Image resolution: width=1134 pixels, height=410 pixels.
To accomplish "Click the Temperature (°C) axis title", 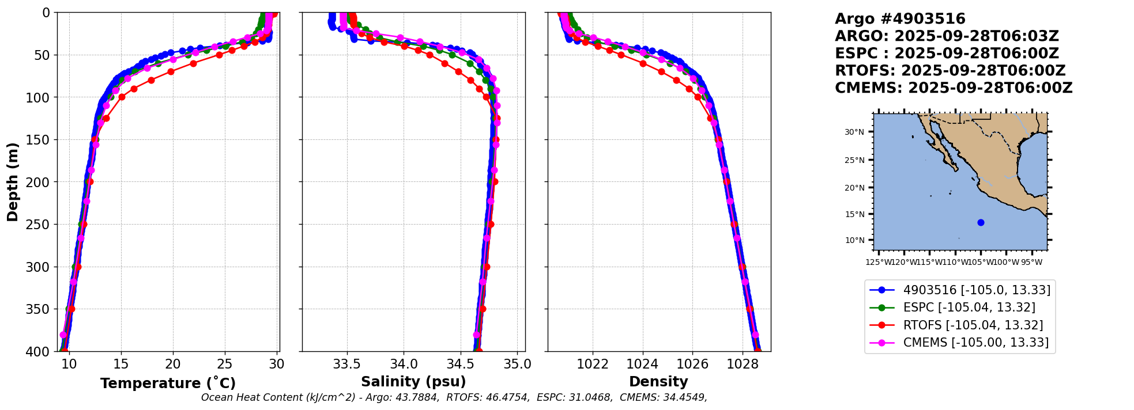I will (x=168, y=384).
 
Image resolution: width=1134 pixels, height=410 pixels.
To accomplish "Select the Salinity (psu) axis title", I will (x=413, y=382).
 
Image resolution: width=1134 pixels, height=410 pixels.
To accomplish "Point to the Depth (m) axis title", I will (x=13, y=181).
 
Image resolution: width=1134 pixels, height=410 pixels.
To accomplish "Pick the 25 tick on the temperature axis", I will (x=225, y=364).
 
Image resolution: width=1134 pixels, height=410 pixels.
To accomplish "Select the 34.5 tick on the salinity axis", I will (x=461, y=364).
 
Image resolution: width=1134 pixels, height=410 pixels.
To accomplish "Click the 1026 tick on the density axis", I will (x=692, y=364).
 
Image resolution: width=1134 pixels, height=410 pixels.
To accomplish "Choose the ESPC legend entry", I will (x=969, y=307).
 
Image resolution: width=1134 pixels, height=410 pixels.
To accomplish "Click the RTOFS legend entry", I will (x=973, y=325).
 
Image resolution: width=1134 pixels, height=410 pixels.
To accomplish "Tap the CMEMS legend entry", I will (x=975, y=343).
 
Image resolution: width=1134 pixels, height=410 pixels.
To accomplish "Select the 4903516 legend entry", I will (x=976, y=290).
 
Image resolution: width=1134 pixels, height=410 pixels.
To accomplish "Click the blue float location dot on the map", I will (x=981, y=222).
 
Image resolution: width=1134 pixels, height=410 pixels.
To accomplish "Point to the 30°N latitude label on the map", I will (x=854, y=132).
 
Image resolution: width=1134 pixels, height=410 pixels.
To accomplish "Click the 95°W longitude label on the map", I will (x=1031, y=263).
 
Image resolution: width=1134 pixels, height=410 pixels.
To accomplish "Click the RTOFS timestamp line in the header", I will (x=950, y=71).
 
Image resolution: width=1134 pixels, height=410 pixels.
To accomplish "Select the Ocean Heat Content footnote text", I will (x=454, y=397).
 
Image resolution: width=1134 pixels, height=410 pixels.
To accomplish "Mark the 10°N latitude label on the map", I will (x=854, y=240).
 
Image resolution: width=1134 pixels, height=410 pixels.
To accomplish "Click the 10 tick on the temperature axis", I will (x=69, y=364).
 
